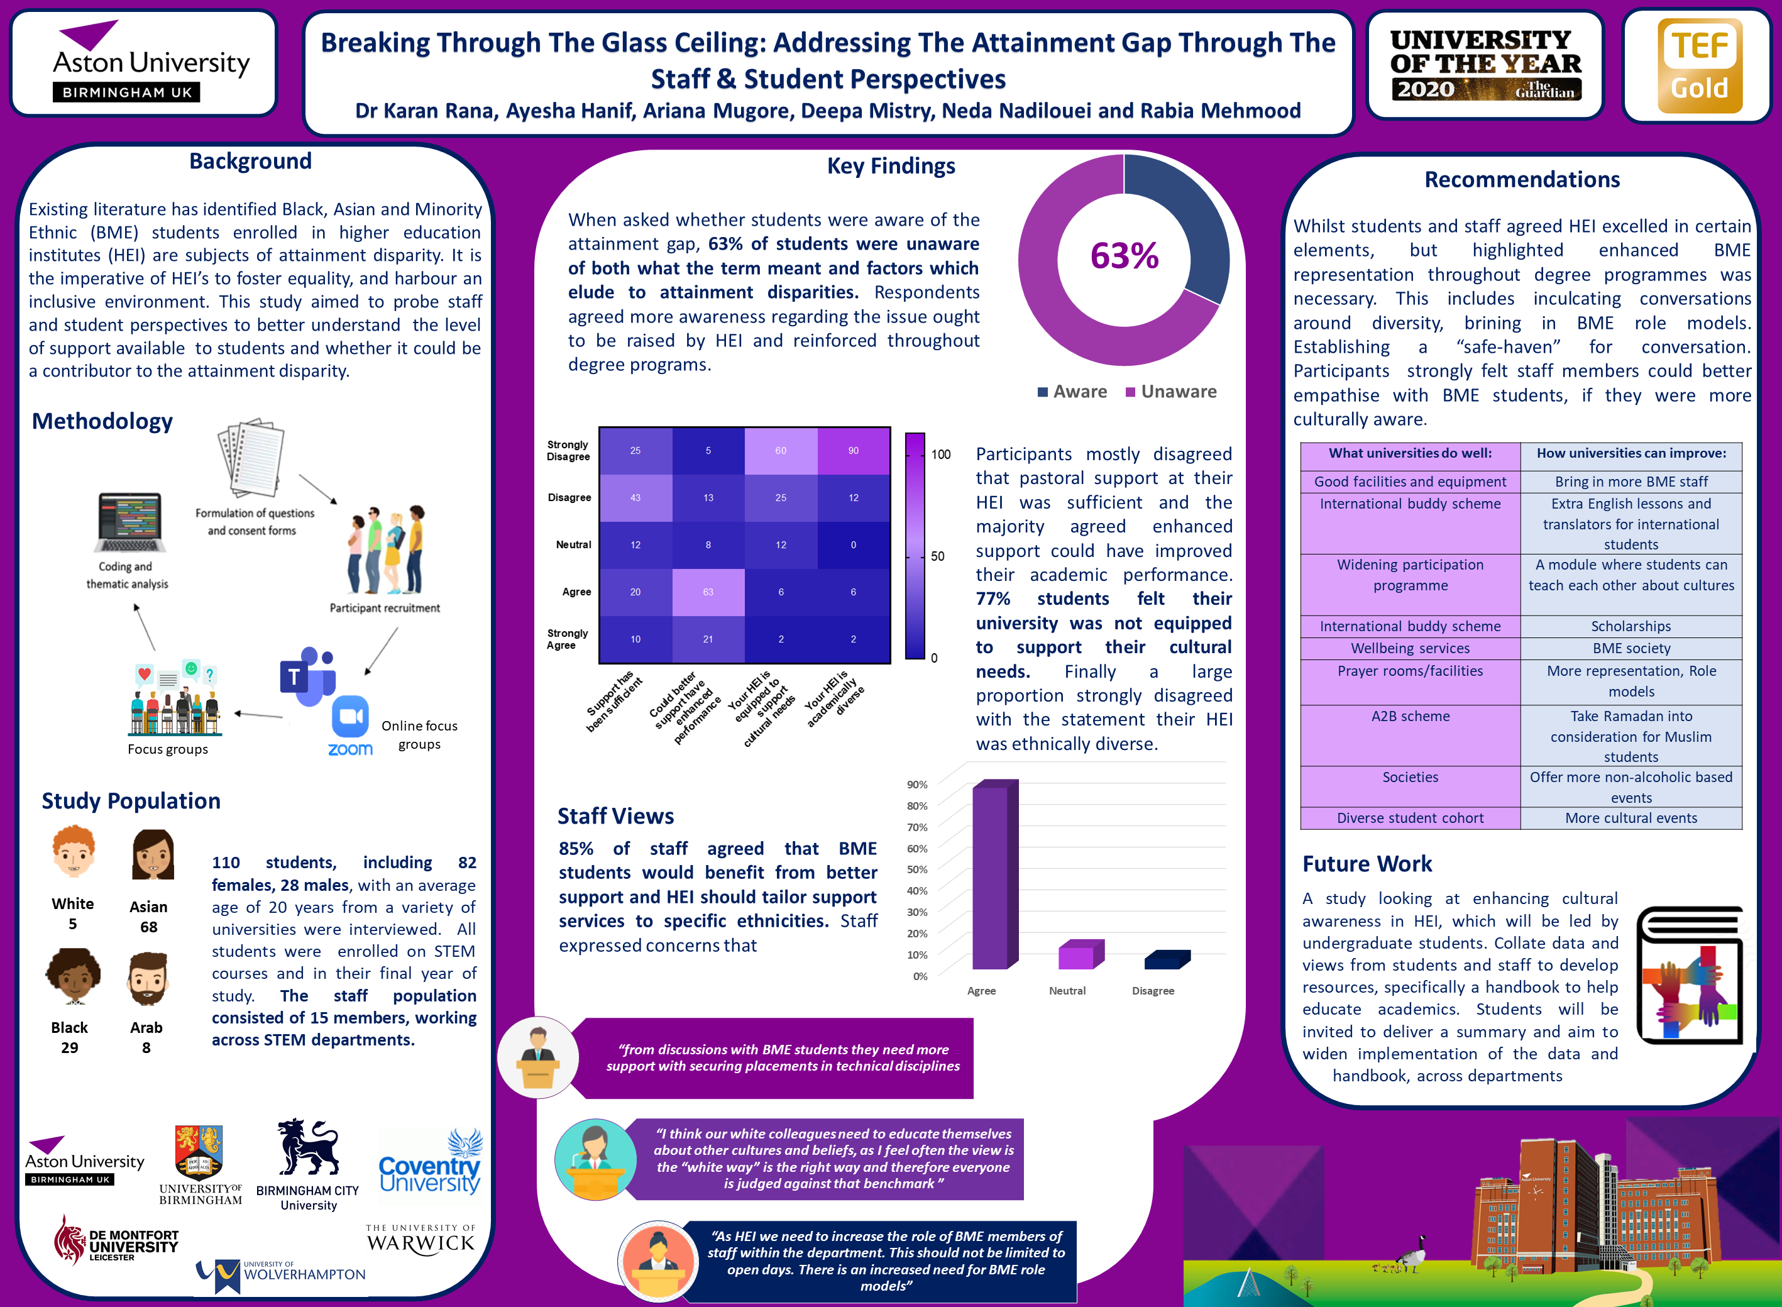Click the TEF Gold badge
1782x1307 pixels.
1699,65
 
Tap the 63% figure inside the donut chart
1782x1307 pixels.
1124,255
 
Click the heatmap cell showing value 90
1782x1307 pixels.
854,450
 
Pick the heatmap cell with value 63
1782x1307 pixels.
708,592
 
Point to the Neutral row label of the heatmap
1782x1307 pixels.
573,544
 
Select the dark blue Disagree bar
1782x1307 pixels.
1166,960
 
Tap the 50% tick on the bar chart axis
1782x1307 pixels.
916,869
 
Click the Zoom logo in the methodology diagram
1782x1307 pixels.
350,726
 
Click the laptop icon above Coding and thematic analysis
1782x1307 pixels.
129,523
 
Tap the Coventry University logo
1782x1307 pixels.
429,1163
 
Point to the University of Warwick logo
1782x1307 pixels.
420,1239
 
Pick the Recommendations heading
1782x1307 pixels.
1521,180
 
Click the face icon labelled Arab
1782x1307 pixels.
147,979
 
